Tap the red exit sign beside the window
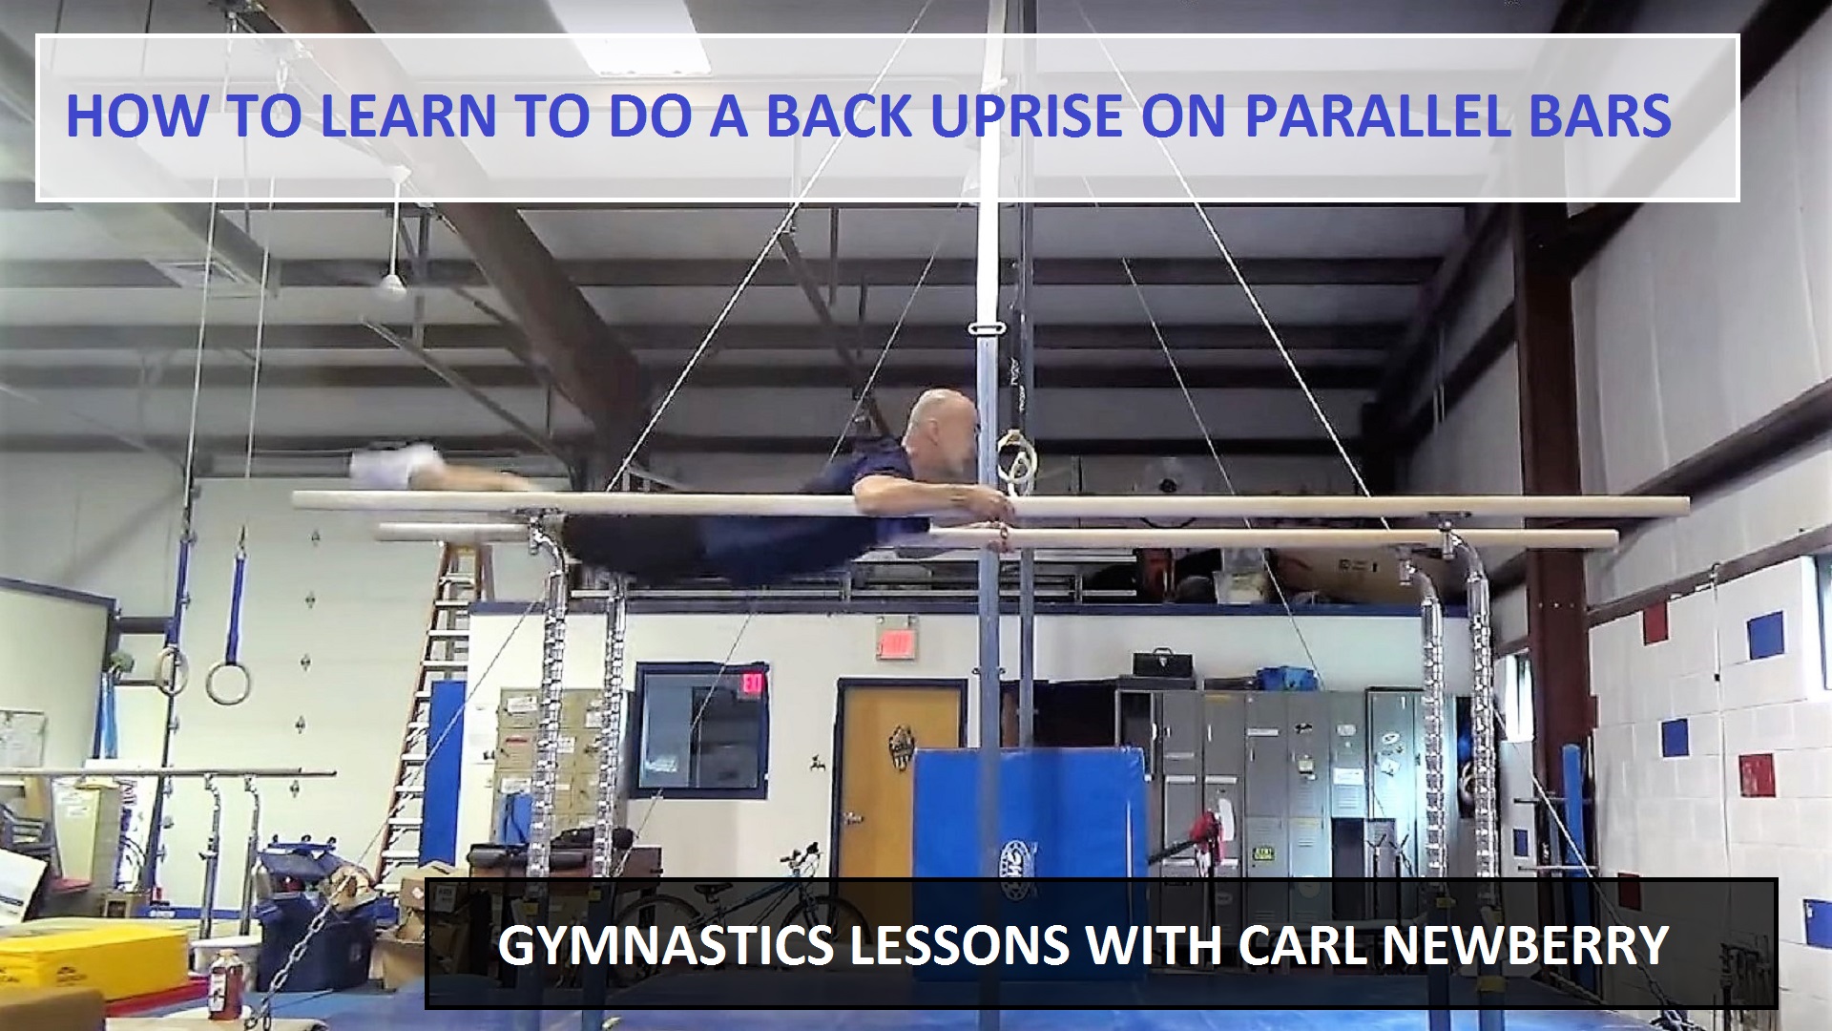point(751,684)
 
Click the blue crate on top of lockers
point(1285,678)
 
